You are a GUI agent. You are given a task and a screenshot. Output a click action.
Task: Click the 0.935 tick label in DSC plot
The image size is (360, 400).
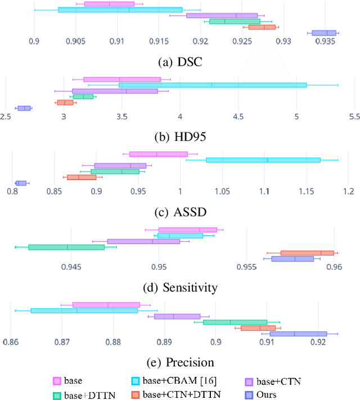pos(325,42)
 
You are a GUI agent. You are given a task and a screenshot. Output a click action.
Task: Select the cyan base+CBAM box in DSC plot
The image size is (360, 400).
pos(120,10)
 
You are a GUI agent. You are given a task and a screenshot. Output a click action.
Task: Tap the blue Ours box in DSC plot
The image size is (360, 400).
pos(324,33)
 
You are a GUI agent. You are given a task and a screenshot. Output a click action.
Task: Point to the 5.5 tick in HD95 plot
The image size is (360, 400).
pos(353,116)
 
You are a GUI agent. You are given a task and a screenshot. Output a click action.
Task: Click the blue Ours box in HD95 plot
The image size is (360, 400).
pos(24,108)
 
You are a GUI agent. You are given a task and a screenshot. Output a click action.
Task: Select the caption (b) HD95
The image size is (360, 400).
pos(179,137)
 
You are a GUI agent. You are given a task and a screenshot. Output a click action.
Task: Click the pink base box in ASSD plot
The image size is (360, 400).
pos(158,154)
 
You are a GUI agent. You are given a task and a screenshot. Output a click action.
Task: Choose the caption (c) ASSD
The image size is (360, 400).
pos(179,212)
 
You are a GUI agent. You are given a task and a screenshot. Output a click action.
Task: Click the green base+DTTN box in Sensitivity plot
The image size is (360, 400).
pos(66,247)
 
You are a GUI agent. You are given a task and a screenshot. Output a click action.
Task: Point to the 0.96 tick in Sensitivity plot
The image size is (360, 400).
pos(334,266)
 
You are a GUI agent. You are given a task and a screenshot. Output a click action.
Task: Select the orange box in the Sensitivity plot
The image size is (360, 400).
pos(307,253)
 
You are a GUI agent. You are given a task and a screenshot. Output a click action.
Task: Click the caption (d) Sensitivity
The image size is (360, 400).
pos(179,287)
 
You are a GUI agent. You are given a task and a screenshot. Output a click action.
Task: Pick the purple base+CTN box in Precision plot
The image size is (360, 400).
pos(177,316)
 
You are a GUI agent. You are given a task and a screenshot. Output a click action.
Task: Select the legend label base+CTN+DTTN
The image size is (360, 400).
pos(181,395)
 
